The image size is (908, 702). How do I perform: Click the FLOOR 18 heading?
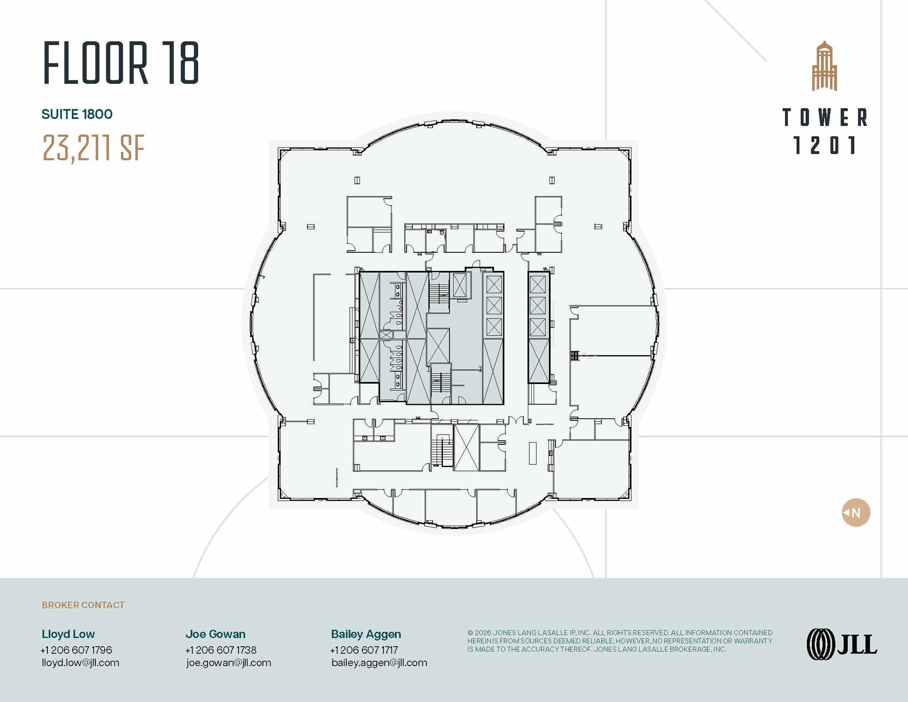(x=121, y=63)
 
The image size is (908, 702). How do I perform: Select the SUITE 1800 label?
(x=77, y=114)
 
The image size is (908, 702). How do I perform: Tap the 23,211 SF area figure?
(x=94, y=148)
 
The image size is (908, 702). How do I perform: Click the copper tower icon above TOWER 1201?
(x=824, y=66)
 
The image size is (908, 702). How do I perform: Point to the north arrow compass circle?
(x=856, y=513)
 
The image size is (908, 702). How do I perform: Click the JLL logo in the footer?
(x=841, y=644)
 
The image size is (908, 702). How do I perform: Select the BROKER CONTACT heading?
(x=83, y=605)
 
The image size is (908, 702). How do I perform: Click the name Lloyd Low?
(x=68, y=634)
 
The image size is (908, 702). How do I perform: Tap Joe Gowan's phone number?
(x=221, y=650)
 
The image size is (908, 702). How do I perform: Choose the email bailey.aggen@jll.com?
(x=379, y=663)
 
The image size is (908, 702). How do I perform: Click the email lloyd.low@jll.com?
(x=80, y=663)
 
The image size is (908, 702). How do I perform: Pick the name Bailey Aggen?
(x=366, y=635)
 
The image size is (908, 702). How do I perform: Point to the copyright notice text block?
(x=620, y=641)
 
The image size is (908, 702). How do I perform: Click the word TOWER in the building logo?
(x=825, y=118)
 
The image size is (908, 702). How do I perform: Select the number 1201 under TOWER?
(x=825, y=145)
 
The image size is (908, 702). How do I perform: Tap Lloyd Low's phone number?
(x=76, y=650)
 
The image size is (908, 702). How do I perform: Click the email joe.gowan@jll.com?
(x=228, y=663)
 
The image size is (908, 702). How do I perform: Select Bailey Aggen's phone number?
(x=364, y=650)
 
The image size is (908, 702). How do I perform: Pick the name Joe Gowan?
(x=215, y=634)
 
